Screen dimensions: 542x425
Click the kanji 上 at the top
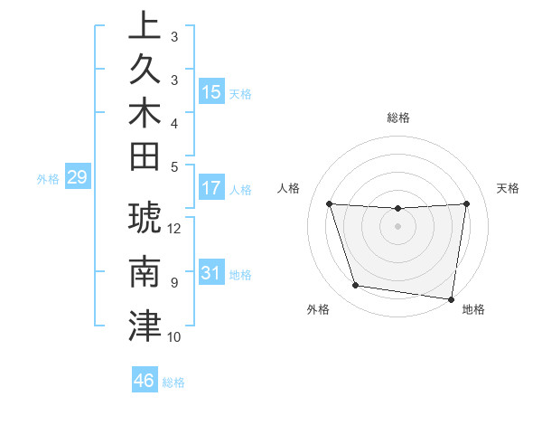145,27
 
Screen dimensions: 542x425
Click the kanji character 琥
145,221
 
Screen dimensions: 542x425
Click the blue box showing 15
211,92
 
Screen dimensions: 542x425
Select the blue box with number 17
211,189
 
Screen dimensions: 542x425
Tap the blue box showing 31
211,273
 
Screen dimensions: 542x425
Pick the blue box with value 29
77,177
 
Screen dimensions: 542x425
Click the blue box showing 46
145,381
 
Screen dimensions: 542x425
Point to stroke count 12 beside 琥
175,229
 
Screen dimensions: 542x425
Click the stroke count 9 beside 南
174,283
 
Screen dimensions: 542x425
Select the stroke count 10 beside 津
175,337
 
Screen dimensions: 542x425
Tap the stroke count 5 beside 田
174,165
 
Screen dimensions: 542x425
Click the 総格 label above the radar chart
397,118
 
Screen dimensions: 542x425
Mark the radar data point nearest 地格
451,298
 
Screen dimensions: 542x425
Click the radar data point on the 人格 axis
329,203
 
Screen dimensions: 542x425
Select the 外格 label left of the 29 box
48,178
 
